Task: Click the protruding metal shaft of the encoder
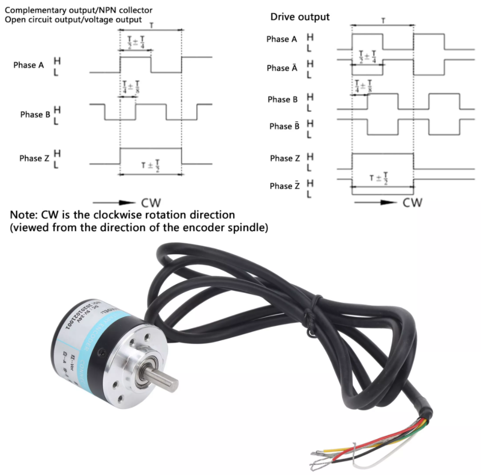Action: click(166, 379)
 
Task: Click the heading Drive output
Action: click(300, 17)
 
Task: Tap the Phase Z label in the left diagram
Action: click(34, 158)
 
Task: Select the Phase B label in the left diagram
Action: click(35, 114)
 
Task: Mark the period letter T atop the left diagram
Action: click(150, 24)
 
